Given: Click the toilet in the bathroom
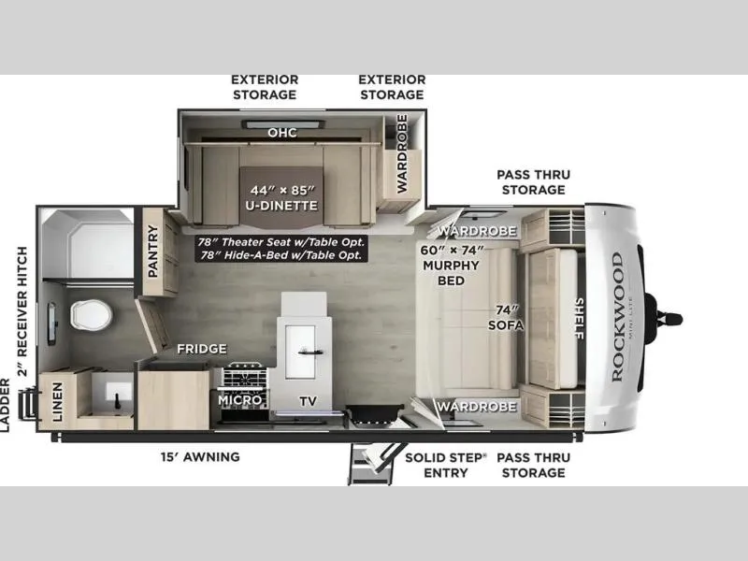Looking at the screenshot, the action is pos(92,315).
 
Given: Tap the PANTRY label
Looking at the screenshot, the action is pos(153,251).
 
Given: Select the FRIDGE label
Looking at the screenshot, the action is pos(202,349).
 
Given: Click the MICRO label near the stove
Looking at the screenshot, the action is pos(240,400).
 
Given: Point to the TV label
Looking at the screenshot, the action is pos(309,401).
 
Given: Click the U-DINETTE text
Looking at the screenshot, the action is pos(281,206).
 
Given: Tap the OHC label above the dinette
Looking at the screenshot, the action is pos(282,132).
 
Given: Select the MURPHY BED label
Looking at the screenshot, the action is pos(452,273).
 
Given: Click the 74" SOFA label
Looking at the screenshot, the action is pos(506,318).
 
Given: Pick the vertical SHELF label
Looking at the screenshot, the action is pos(580,319).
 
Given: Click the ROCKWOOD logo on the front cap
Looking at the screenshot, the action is pos(618,317).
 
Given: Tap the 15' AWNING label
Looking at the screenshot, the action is pos(200,457).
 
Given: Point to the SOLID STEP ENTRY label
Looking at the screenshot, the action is pos(446,465).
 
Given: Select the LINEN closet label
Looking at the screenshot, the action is pos(57,402).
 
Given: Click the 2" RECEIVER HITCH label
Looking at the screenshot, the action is pos(22,311).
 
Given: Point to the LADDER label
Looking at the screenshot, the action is pos(5,406).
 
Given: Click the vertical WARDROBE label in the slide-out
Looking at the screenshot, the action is pos(402,153).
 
